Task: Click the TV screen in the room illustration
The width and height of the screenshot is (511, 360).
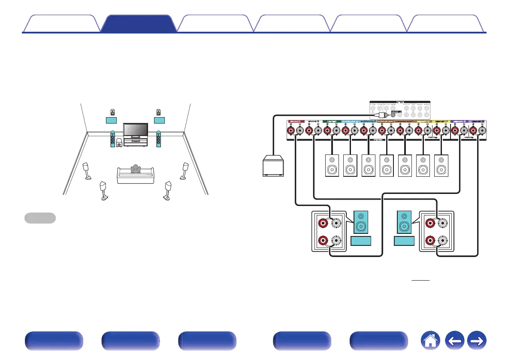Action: tap(136, 130)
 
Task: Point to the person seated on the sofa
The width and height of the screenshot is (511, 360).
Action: tap(136, 169)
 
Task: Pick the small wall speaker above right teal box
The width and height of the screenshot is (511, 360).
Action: tap(159, 113)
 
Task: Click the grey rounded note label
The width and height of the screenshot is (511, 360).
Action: tap(40, 218)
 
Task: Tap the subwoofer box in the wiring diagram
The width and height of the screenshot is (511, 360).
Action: tap(273, 166)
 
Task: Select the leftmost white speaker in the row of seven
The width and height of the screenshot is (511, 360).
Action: tap(332, 165)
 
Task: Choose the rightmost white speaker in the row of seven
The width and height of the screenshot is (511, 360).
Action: tap(441, 165)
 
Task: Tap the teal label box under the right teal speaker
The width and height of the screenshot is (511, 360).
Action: tap(404, 242)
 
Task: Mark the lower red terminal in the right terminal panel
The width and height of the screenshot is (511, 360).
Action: tap(429, 242)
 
